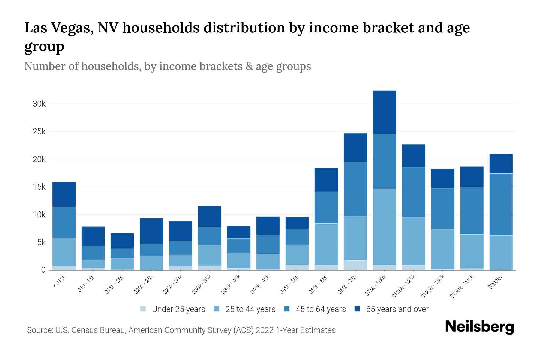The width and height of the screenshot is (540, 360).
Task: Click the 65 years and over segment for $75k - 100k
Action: (x=384, y=112)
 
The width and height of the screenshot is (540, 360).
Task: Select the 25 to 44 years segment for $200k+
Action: (x=501, y=253)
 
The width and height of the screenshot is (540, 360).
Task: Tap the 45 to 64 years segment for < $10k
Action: (x=64, y=222)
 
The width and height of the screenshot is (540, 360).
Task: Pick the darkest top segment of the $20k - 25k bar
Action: (x=151, y=231)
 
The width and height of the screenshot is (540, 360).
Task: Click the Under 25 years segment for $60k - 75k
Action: (x=355, y=265)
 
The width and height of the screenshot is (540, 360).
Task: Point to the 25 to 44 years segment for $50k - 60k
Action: (x=326, y=244)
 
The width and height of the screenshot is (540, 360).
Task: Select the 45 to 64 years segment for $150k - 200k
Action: (x=472, y=211)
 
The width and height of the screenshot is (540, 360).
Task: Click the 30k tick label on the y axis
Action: (x=39, y=104)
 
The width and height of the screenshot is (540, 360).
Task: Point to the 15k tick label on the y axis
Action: (x=39, y=187)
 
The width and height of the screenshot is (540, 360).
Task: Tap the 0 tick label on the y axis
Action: (x=43, y=270)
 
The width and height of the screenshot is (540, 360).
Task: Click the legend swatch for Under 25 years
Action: (x=143, y=309)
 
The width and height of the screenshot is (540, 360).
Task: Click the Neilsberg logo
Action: (x=479, y=327)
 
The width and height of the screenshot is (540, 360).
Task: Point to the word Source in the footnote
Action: (x=39, y=330)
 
